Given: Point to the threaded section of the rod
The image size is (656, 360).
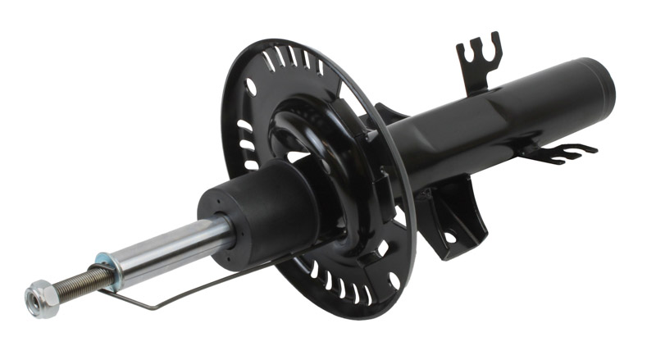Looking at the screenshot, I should click(x=78, y=283).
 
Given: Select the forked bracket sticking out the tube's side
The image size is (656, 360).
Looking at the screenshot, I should click(x=562, y=152).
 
